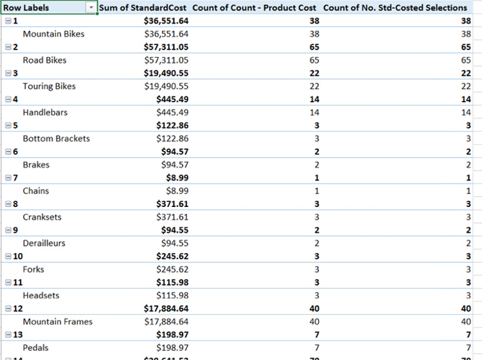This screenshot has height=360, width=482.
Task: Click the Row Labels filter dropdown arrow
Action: [91, 8]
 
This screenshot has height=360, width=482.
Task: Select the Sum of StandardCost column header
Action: [143, 8]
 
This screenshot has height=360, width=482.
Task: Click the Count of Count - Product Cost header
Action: [254, 8]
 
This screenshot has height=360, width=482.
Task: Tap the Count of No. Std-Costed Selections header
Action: [395, 8]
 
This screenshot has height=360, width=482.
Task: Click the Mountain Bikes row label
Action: [53, 34]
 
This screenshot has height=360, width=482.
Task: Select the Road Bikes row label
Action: [44, 60]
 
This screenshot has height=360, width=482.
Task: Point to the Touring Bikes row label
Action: [49, 86]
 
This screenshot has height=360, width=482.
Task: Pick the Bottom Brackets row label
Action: [56, 139]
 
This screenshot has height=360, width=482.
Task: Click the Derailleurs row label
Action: [44, 244]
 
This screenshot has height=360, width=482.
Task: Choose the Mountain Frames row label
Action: [57, 322]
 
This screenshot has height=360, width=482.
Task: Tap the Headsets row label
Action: [40, 296]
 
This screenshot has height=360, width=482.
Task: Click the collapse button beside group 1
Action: [7, 21]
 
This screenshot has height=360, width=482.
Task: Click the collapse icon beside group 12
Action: [7, 309]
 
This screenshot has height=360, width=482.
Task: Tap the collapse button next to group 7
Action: [7, 178]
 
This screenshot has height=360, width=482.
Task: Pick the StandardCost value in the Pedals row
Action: [172, 348]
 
